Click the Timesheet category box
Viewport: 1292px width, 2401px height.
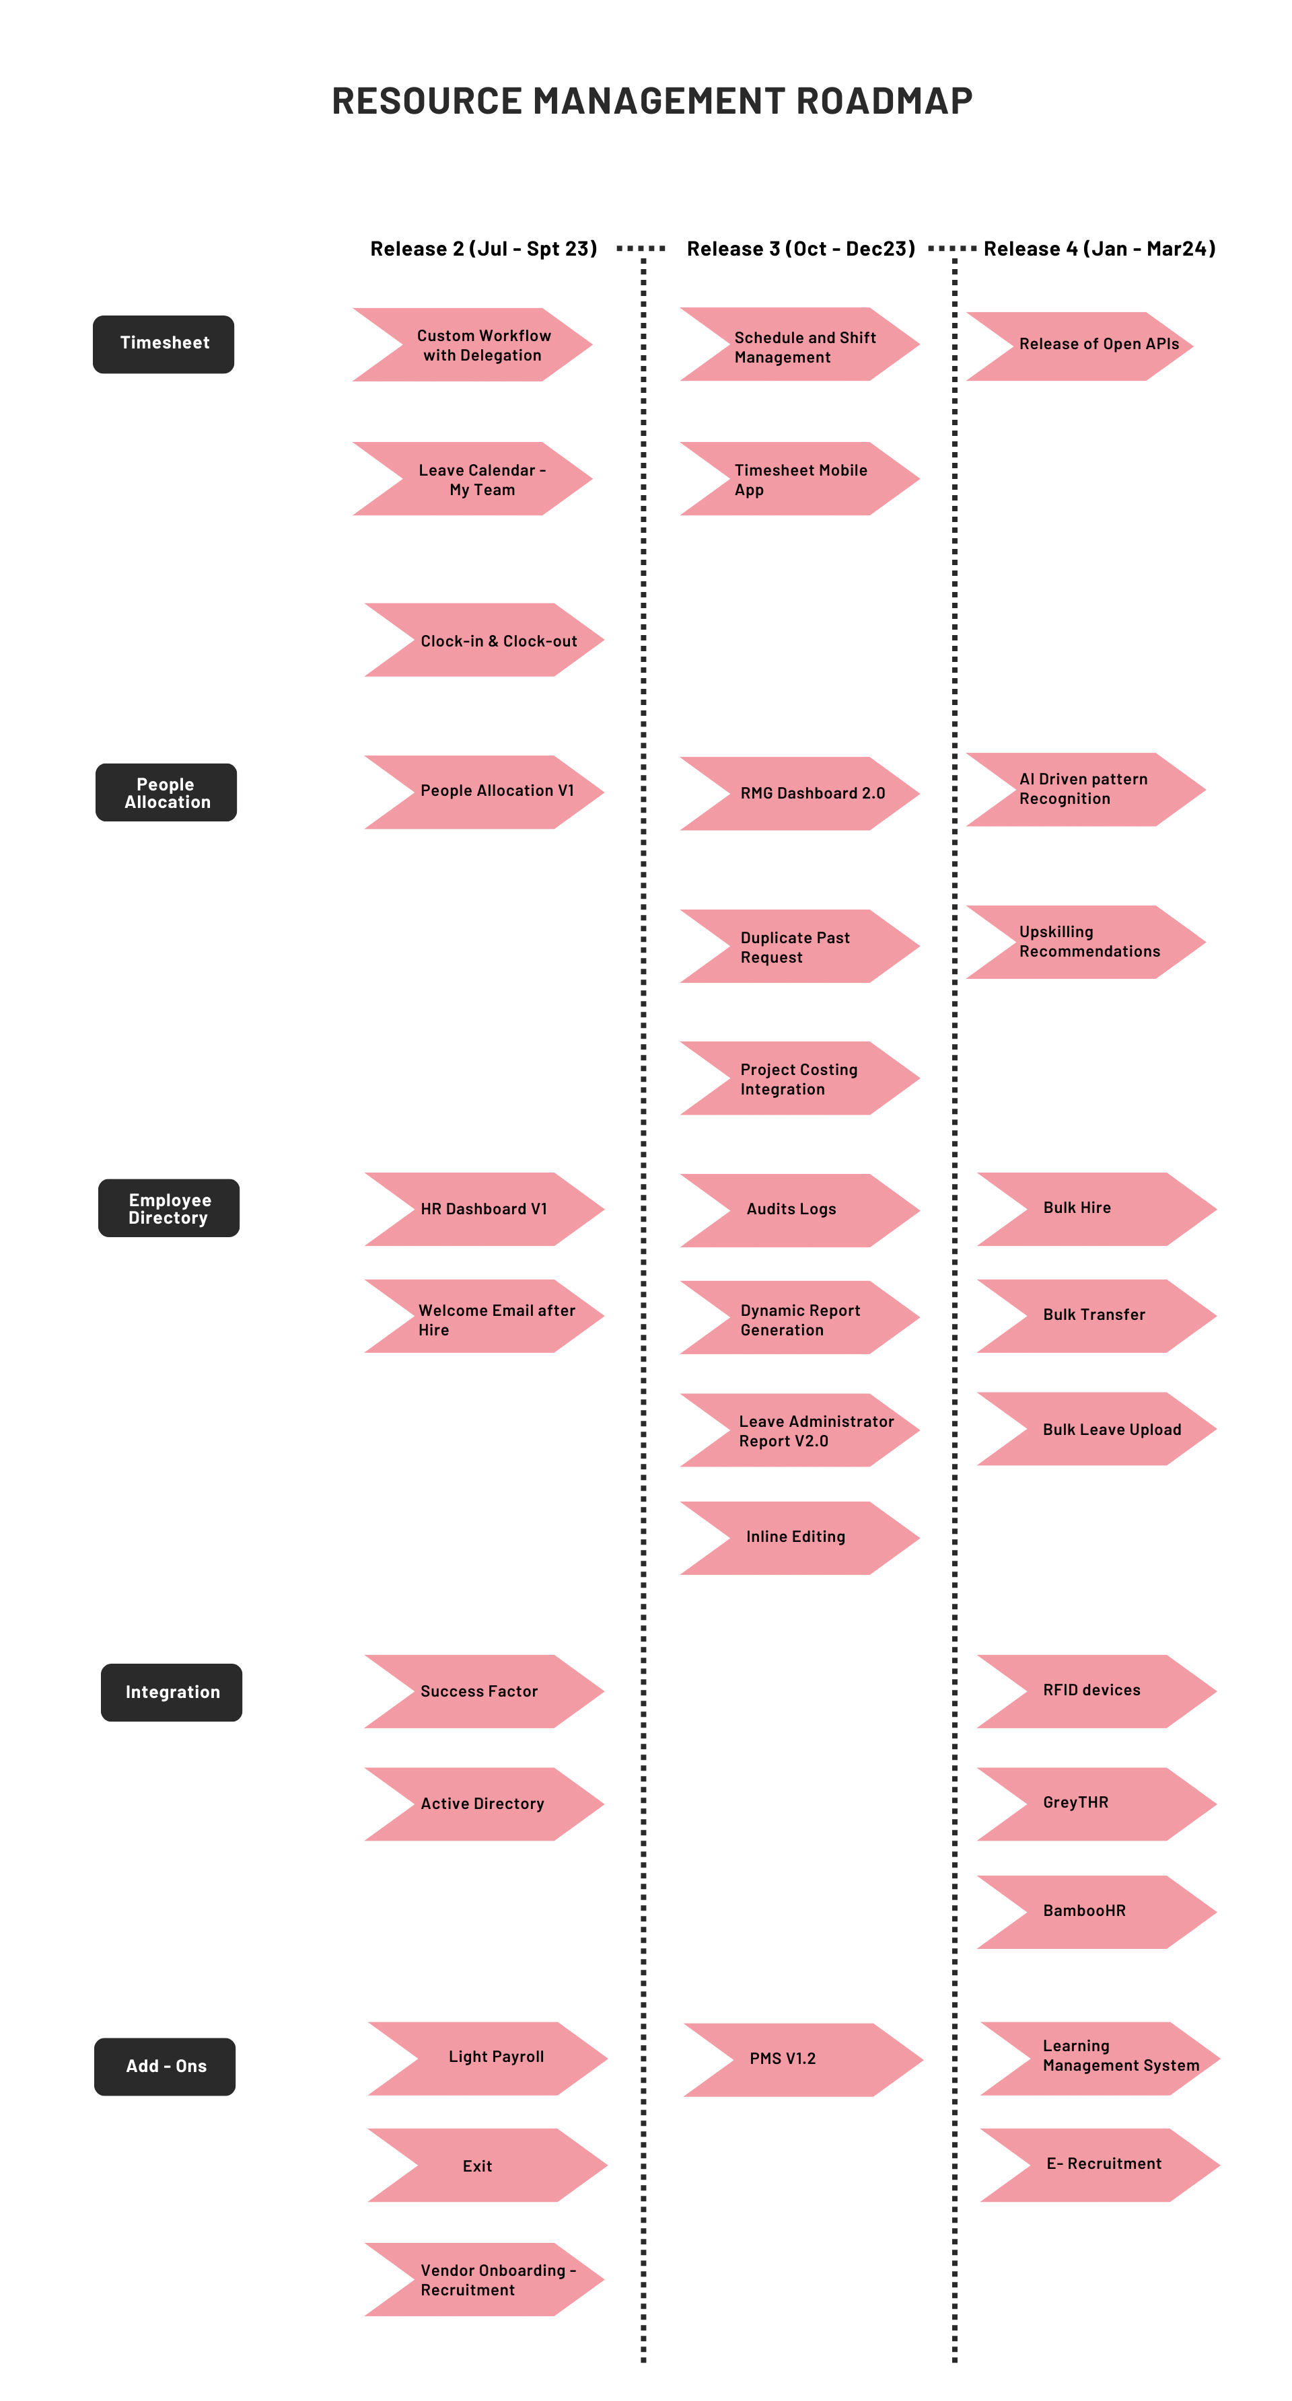[164, 344]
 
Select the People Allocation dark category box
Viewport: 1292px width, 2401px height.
[167, 792]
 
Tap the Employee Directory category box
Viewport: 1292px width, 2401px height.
[169, 1208]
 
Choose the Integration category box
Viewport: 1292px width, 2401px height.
[172, 1692]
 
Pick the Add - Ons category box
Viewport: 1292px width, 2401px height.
[165, 2067]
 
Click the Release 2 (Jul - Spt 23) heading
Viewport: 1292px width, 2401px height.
[483, 249]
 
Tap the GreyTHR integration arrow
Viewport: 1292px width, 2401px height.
[1096, 1804]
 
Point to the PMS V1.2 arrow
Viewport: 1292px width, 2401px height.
[803, 2059]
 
